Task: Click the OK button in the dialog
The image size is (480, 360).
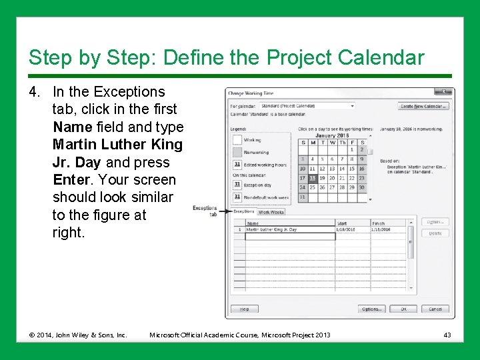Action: [403, 309]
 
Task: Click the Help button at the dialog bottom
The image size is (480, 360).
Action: [244, 309]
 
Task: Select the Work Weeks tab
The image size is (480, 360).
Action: [271, 212]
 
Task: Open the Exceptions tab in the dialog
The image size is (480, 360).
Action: [243, 212]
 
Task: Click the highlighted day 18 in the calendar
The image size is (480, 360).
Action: [313, 179]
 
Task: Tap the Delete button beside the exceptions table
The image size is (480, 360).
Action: [435, 233]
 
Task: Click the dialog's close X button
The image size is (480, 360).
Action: [443, 92]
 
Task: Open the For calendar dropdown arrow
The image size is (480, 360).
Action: [353, 106]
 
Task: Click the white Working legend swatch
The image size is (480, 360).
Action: [237, 140]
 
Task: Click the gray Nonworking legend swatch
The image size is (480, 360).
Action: [237, 153]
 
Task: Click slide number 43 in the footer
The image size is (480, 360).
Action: [447, 334]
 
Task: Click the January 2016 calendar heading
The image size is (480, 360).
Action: [332, 135]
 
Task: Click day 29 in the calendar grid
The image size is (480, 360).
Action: [351, 188]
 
